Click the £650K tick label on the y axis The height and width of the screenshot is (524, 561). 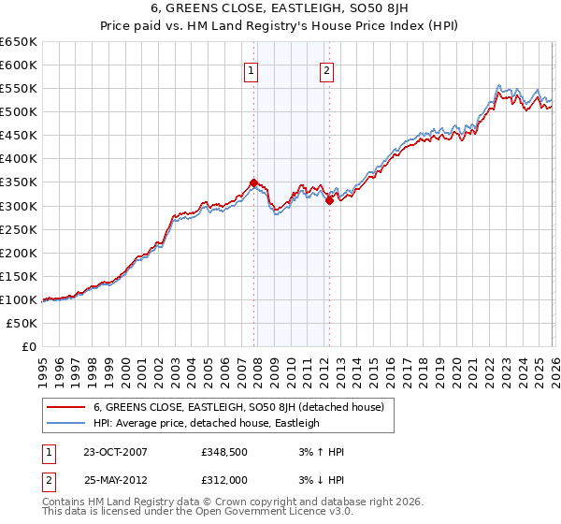click(19, 42)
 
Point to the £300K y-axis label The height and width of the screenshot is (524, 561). click(19, 206)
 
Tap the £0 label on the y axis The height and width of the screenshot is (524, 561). click(29, 346)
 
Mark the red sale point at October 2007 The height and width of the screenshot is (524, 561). click(253, 183)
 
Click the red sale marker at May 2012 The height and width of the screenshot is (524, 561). click(329, 199)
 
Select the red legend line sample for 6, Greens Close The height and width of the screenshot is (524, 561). click(65, 407)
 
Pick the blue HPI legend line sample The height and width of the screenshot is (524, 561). click(65, 423)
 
